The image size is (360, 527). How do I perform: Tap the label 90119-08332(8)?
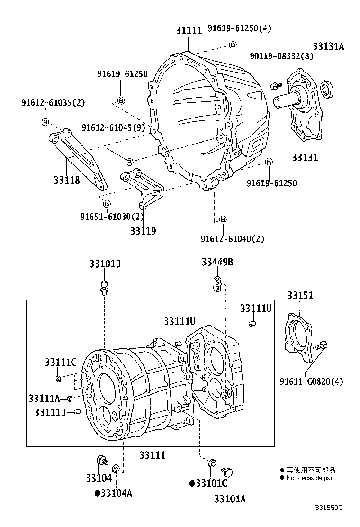(x=281, y=56)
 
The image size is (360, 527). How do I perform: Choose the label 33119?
(x=143, y=231)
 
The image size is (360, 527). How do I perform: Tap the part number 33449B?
(x=217, y=263)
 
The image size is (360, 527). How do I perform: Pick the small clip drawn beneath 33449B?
(x=216, y=284)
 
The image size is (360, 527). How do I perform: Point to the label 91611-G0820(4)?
(x=311, y=381)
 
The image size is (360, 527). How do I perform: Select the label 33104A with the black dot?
(x=114, y=493)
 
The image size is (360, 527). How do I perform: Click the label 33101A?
(x=230, y=499)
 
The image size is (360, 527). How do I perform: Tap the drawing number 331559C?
(x=329, y=507)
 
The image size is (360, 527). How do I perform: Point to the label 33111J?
(x=50, y=412)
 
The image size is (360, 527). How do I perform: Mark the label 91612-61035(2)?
(x=53, y=102)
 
